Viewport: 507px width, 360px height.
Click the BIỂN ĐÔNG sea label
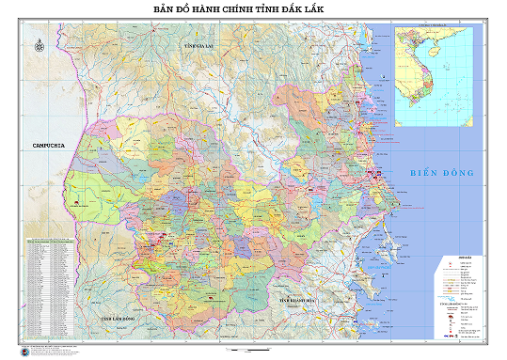coord(442,173)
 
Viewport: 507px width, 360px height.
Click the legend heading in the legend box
coord(458,256)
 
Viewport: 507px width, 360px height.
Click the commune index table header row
coord(47,241)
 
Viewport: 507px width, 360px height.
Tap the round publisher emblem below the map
coord(23,350)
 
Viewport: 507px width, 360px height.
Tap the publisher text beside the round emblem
coord(66,350)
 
